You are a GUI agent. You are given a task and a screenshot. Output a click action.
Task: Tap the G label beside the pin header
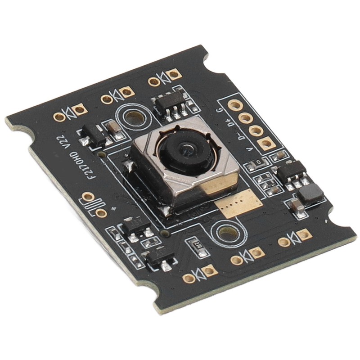219,110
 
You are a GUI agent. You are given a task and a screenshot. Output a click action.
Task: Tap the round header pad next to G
234,106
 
